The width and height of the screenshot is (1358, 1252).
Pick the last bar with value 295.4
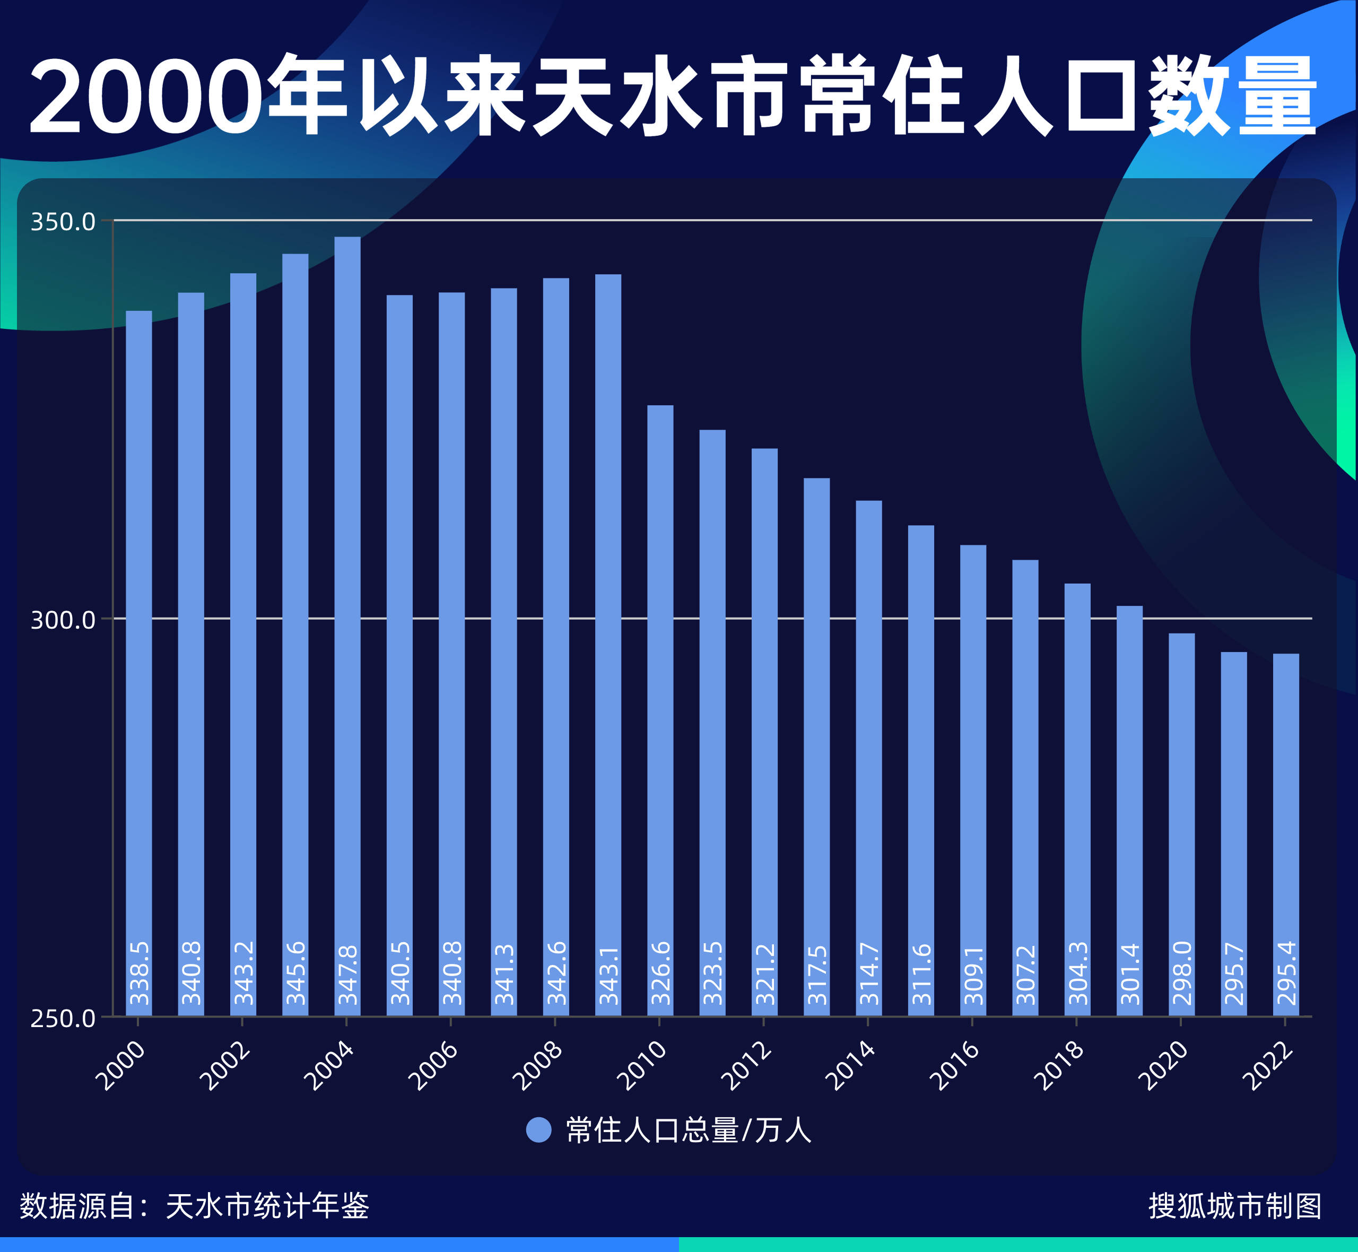(x=1285, y=813)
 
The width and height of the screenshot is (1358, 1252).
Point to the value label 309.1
(x=972, y=975)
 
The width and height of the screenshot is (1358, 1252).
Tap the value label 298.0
(x=1181, y=973)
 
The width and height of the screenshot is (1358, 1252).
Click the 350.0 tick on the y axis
(x=63, y=222)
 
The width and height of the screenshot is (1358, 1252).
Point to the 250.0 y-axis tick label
(x=63, y=1018)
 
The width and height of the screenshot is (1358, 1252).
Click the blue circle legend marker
(x=538, y=1130)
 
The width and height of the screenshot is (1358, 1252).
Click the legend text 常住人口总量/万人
(x=688, y=1130)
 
